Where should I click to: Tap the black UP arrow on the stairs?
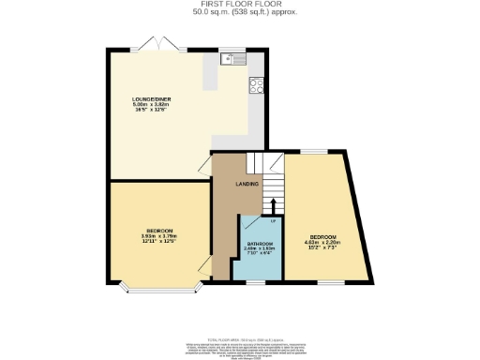[273, 205]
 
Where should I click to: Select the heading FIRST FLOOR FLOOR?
[240, 5]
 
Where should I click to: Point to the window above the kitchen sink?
[232, 50]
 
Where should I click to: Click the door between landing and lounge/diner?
[203, 167]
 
